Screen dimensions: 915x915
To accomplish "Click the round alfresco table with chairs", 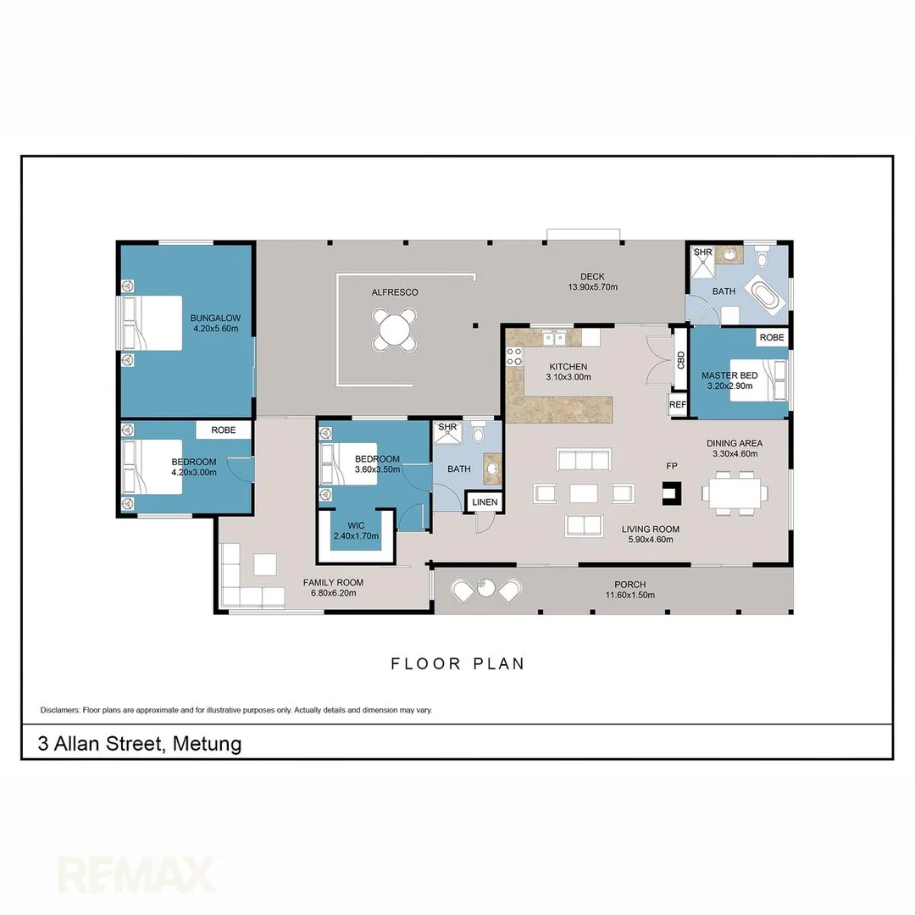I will (x=395, y=330).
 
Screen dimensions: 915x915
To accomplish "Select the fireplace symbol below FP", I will (x=670, y=491).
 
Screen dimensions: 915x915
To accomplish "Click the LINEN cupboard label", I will (x=485, y=502).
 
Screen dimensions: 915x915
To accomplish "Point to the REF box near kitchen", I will (x=678, y=405).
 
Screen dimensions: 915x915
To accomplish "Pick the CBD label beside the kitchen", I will (x=680, y=359).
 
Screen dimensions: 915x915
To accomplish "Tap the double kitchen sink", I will (x=555, y=338).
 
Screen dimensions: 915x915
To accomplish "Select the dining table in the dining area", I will (x=735, y=492).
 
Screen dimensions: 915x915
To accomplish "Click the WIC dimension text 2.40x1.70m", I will (x=356, y=535).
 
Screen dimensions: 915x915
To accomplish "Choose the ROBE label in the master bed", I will (x=771, y=337).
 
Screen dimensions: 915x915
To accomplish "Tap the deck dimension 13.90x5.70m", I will (x=592, y=287).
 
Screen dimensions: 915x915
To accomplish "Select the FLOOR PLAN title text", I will (x=457, y=663).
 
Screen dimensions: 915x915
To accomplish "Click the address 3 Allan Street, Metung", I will (x=140, y=744).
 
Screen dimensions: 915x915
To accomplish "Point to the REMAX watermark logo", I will (x=136, y=873).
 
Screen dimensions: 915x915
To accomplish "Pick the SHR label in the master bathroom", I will (x=702, y=252).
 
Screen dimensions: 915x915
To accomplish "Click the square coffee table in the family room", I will (x=265, y=564).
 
